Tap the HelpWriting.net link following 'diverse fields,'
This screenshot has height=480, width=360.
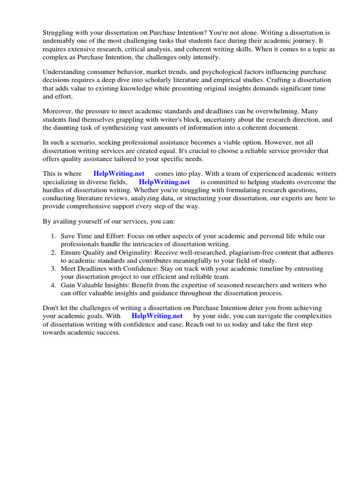(x=164, y=182)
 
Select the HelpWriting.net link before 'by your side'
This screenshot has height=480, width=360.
(x=157, y=316)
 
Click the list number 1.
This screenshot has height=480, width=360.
(x=53, y=236)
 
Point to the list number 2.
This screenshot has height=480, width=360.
(x=53, y=253)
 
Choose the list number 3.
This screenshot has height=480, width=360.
(x=53, y=269)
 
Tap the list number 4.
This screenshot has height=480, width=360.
(x=53, y=285)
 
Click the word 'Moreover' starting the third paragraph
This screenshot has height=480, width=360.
(x=58, y=112)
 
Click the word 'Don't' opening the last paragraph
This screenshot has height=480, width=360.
(x=52, y=308)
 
